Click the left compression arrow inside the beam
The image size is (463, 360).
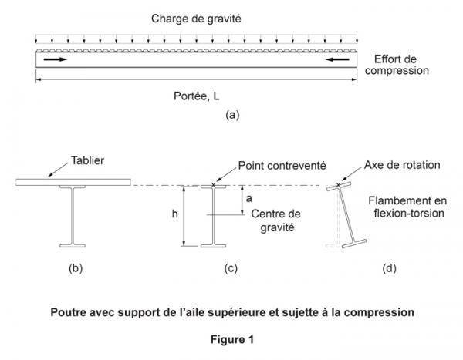54,59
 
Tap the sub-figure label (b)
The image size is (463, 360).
76,269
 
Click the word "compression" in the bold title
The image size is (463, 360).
377,313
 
